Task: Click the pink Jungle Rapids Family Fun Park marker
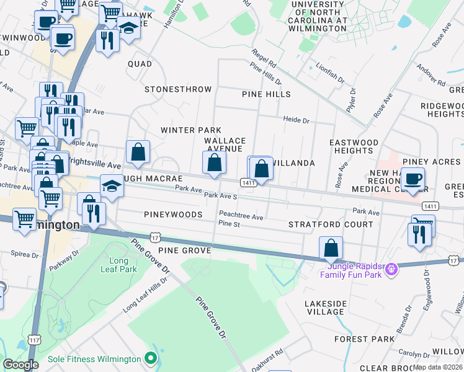pyautogui.click(x=392, y=267)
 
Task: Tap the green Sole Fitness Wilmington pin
pyautogui.click(x=149, y=358)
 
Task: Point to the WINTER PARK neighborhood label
pyautogui.click(x=191, y=130)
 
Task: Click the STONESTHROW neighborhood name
pyautogui.click(x=178, y=89)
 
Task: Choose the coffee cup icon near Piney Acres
pyautogui.click(x=413, y=179)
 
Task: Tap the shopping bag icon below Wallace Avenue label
pyautogui.click(x=214, y=163)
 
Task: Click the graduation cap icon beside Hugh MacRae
pyautogui.click(x=111, y=186)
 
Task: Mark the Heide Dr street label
pyautogui.click(x=296, y=119)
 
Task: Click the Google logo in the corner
pyautogui.click(x=20, y=365)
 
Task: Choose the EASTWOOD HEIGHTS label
pyautogui.click(x=354, y=146)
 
